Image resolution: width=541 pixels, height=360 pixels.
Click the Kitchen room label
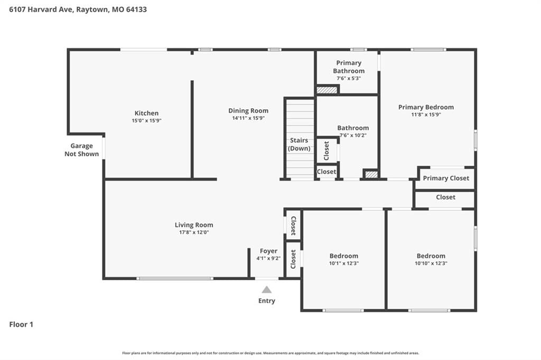(x=146, y=113)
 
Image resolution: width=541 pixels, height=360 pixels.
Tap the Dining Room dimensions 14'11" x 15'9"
(x=248, y=118)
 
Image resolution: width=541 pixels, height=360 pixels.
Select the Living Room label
(x=194, y=225)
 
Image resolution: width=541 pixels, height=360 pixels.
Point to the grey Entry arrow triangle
(x=266, y=290)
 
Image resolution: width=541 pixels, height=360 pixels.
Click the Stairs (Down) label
(x=299, y=144)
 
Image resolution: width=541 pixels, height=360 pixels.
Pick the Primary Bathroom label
(x=349, y=67)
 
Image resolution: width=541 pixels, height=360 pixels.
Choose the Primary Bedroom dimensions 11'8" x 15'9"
(x=426, y=115)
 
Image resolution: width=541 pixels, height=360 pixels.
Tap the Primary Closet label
(x=446, y=178)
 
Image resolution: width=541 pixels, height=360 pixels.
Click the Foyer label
(x=268, y=251)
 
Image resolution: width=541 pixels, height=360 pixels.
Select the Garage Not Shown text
(x=82, y=150)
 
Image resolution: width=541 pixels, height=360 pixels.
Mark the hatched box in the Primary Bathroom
(x=327, y=90)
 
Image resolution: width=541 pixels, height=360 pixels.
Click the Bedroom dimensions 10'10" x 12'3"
(x=431, y=263)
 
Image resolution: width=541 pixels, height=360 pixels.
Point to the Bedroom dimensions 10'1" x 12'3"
(x=343, y=263)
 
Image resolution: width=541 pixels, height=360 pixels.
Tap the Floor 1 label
(x=21, y=325)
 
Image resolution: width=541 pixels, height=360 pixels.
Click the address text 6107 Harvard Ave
(x=41, y=10)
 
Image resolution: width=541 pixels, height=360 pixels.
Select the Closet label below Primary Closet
(x=445, y=197)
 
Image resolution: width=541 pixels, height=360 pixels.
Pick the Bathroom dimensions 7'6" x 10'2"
(x=353, y=135)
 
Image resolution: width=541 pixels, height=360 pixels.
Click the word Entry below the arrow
(x=267, y=301)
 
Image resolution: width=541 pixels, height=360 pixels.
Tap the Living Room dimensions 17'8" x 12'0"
(x=194, y=232)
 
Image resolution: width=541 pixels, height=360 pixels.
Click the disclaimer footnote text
(x=270, y=353)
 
